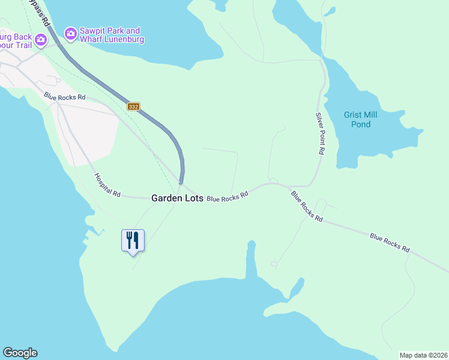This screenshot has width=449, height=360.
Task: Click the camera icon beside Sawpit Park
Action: [71, 34]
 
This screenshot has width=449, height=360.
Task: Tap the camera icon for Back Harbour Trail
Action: [41, 41]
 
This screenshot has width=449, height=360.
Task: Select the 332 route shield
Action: [133, 106]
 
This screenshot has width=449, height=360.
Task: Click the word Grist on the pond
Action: [354, 115]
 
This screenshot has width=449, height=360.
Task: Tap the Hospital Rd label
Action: [107, 185]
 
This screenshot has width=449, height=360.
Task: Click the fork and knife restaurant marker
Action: [133, 241]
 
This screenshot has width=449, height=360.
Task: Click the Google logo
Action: [20, 353]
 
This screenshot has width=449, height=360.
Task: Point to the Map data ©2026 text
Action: [423, 355]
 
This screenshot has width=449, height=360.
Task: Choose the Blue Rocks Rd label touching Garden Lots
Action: [228, 196]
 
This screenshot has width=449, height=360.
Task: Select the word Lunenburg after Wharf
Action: [126, 40]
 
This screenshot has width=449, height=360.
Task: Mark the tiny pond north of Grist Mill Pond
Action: [329, 11]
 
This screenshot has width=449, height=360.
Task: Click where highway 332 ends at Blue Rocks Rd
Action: [181, 182]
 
